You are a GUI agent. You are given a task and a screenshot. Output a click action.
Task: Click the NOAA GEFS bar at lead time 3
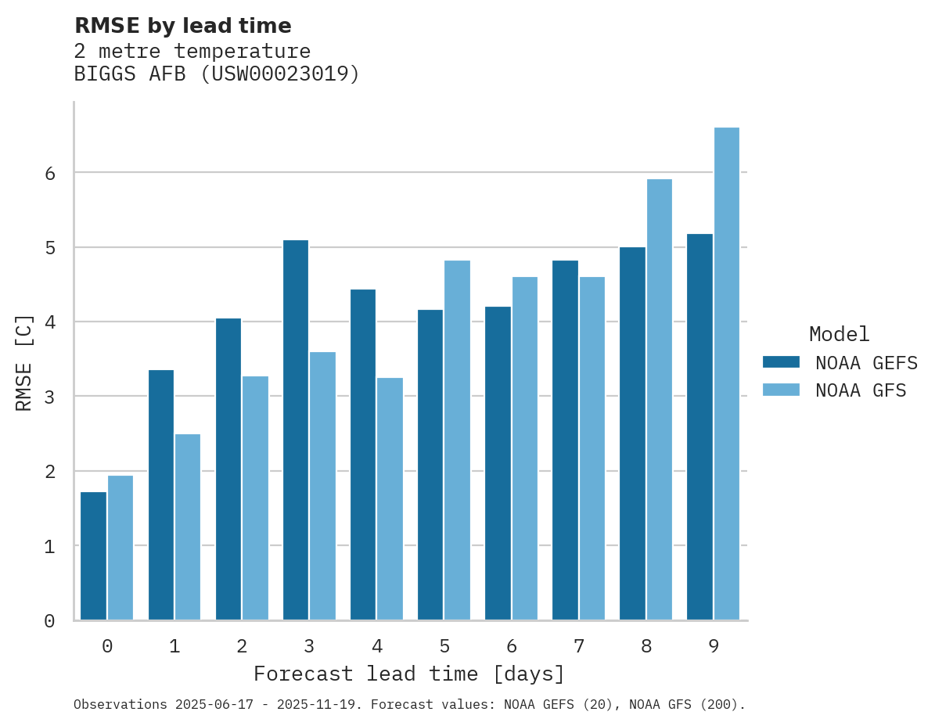point(296,430)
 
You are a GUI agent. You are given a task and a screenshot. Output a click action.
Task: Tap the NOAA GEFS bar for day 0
point(93,556)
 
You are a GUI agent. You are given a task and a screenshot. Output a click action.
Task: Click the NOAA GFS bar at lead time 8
point(660,400)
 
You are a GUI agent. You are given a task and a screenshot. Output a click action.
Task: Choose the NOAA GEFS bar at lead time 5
point(430,465)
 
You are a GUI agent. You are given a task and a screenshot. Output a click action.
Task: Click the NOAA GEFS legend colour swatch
point(781,362)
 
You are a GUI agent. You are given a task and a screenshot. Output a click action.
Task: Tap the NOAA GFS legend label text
point(861,390)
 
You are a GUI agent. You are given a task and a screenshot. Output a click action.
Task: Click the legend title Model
point(839,335)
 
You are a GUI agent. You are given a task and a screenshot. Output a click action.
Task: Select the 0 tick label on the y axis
point(49,621)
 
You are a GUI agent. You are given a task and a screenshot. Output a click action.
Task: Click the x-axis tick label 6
point(512,647)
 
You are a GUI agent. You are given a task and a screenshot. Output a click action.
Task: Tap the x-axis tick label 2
point(242,647)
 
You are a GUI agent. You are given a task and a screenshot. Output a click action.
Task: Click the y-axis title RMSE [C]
point(24,362)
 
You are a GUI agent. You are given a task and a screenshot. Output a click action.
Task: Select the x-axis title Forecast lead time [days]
point(408,674)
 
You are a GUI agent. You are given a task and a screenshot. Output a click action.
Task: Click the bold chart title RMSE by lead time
point(183,26)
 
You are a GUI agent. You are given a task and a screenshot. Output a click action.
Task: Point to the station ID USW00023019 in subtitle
point(280,74)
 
